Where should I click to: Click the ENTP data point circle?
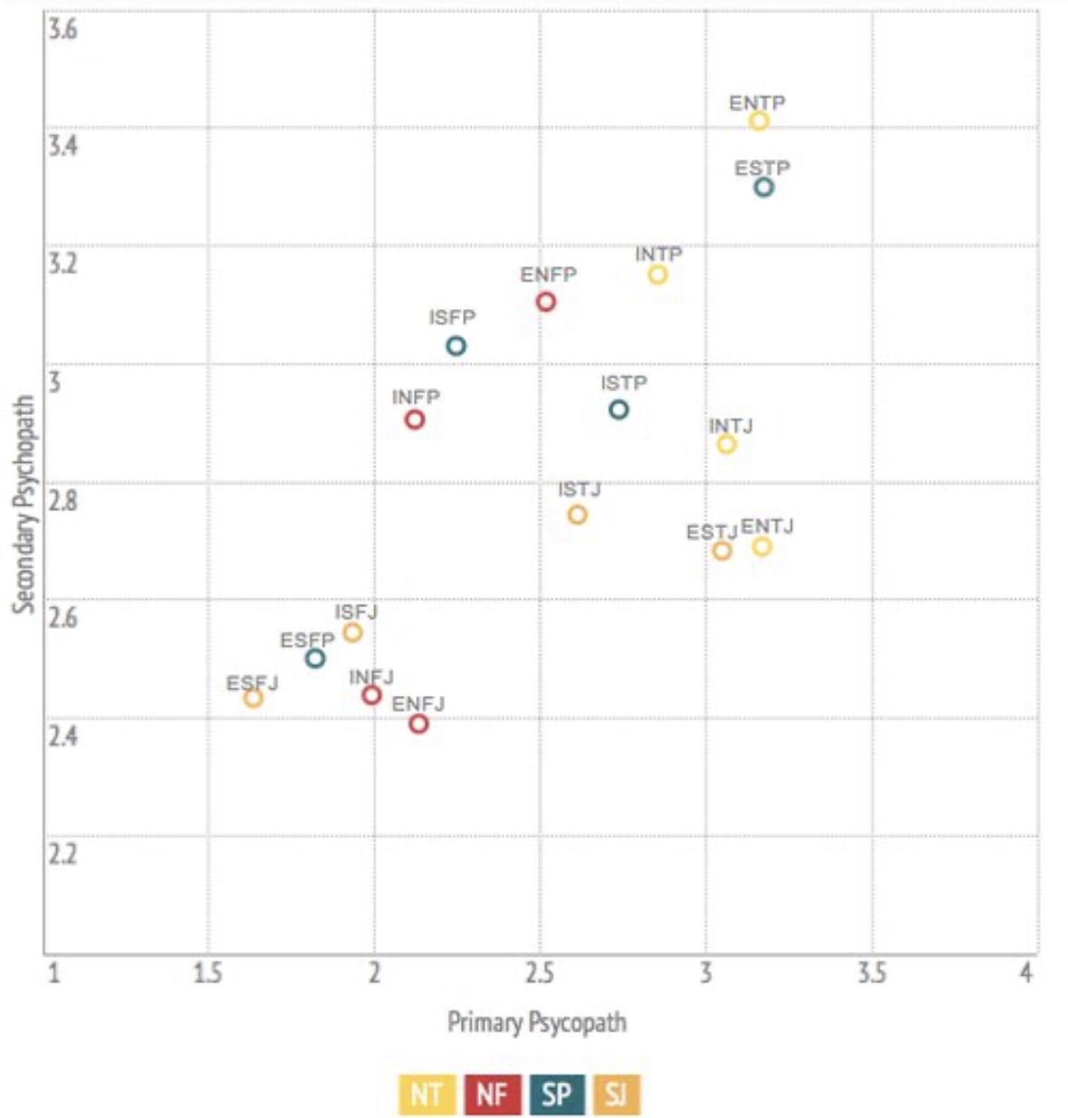coord(759,120)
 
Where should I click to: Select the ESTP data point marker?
coord(764,187)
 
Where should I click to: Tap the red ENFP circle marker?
coord(545,302)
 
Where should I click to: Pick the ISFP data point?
coord(457,345)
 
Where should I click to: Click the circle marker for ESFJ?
coord(254,698)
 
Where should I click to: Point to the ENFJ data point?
coord(419,723)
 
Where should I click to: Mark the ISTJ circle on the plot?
coord(577,515)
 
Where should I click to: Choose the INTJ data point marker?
coord(726,444)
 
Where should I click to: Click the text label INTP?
coord(659,255)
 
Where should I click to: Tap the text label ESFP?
coord(307,641)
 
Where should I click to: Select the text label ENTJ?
coord(767,526)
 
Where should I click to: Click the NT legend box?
coord(427,1094)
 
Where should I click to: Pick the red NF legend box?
coord(492,1094)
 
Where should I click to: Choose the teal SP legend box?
coord(556,1094)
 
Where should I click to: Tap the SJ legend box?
coord(616,1094)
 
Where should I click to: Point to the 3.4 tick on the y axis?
coord(63,145)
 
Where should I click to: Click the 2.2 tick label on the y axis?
coord(63,853)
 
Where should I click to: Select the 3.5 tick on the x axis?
coord(871,974)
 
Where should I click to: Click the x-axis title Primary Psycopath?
coord(537,1022)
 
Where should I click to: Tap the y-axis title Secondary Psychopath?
coord(24,504)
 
